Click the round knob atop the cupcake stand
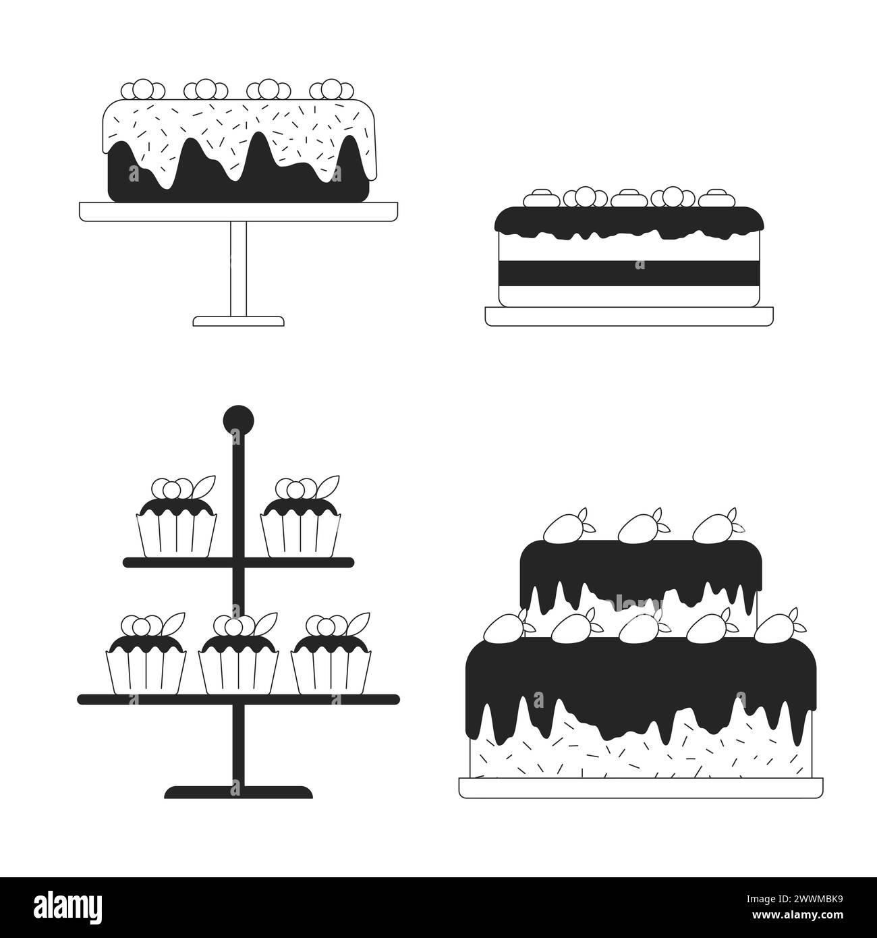(x=238, y=420)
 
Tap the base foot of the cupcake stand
(x=238, y=792)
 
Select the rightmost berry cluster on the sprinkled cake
(x=332, y=90)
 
